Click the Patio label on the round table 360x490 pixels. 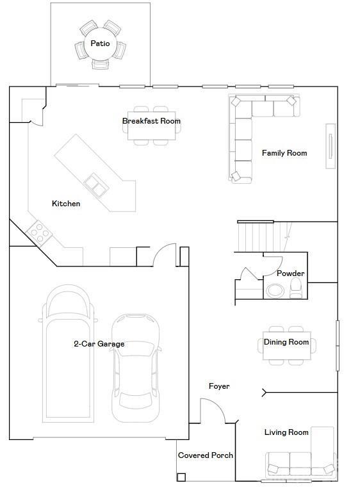100,44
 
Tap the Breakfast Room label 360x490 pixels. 151,120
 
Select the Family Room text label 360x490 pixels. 284,153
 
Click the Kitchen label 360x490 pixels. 66,204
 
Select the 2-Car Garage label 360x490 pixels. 99,344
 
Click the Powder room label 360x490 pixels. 290,274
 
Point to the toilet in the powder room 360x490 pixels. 297,288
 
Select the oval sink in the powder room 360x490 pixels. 275,290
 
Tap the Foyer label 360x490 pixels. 219,386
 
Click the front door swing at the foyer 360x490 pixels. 213,410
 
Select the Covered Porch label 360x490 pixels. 205,455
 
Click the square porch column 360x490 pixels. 181,477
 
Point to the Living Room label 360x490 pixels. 286,432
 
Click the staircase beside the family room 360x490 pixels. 259,237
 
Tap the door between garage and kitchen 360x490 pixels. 164,254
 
